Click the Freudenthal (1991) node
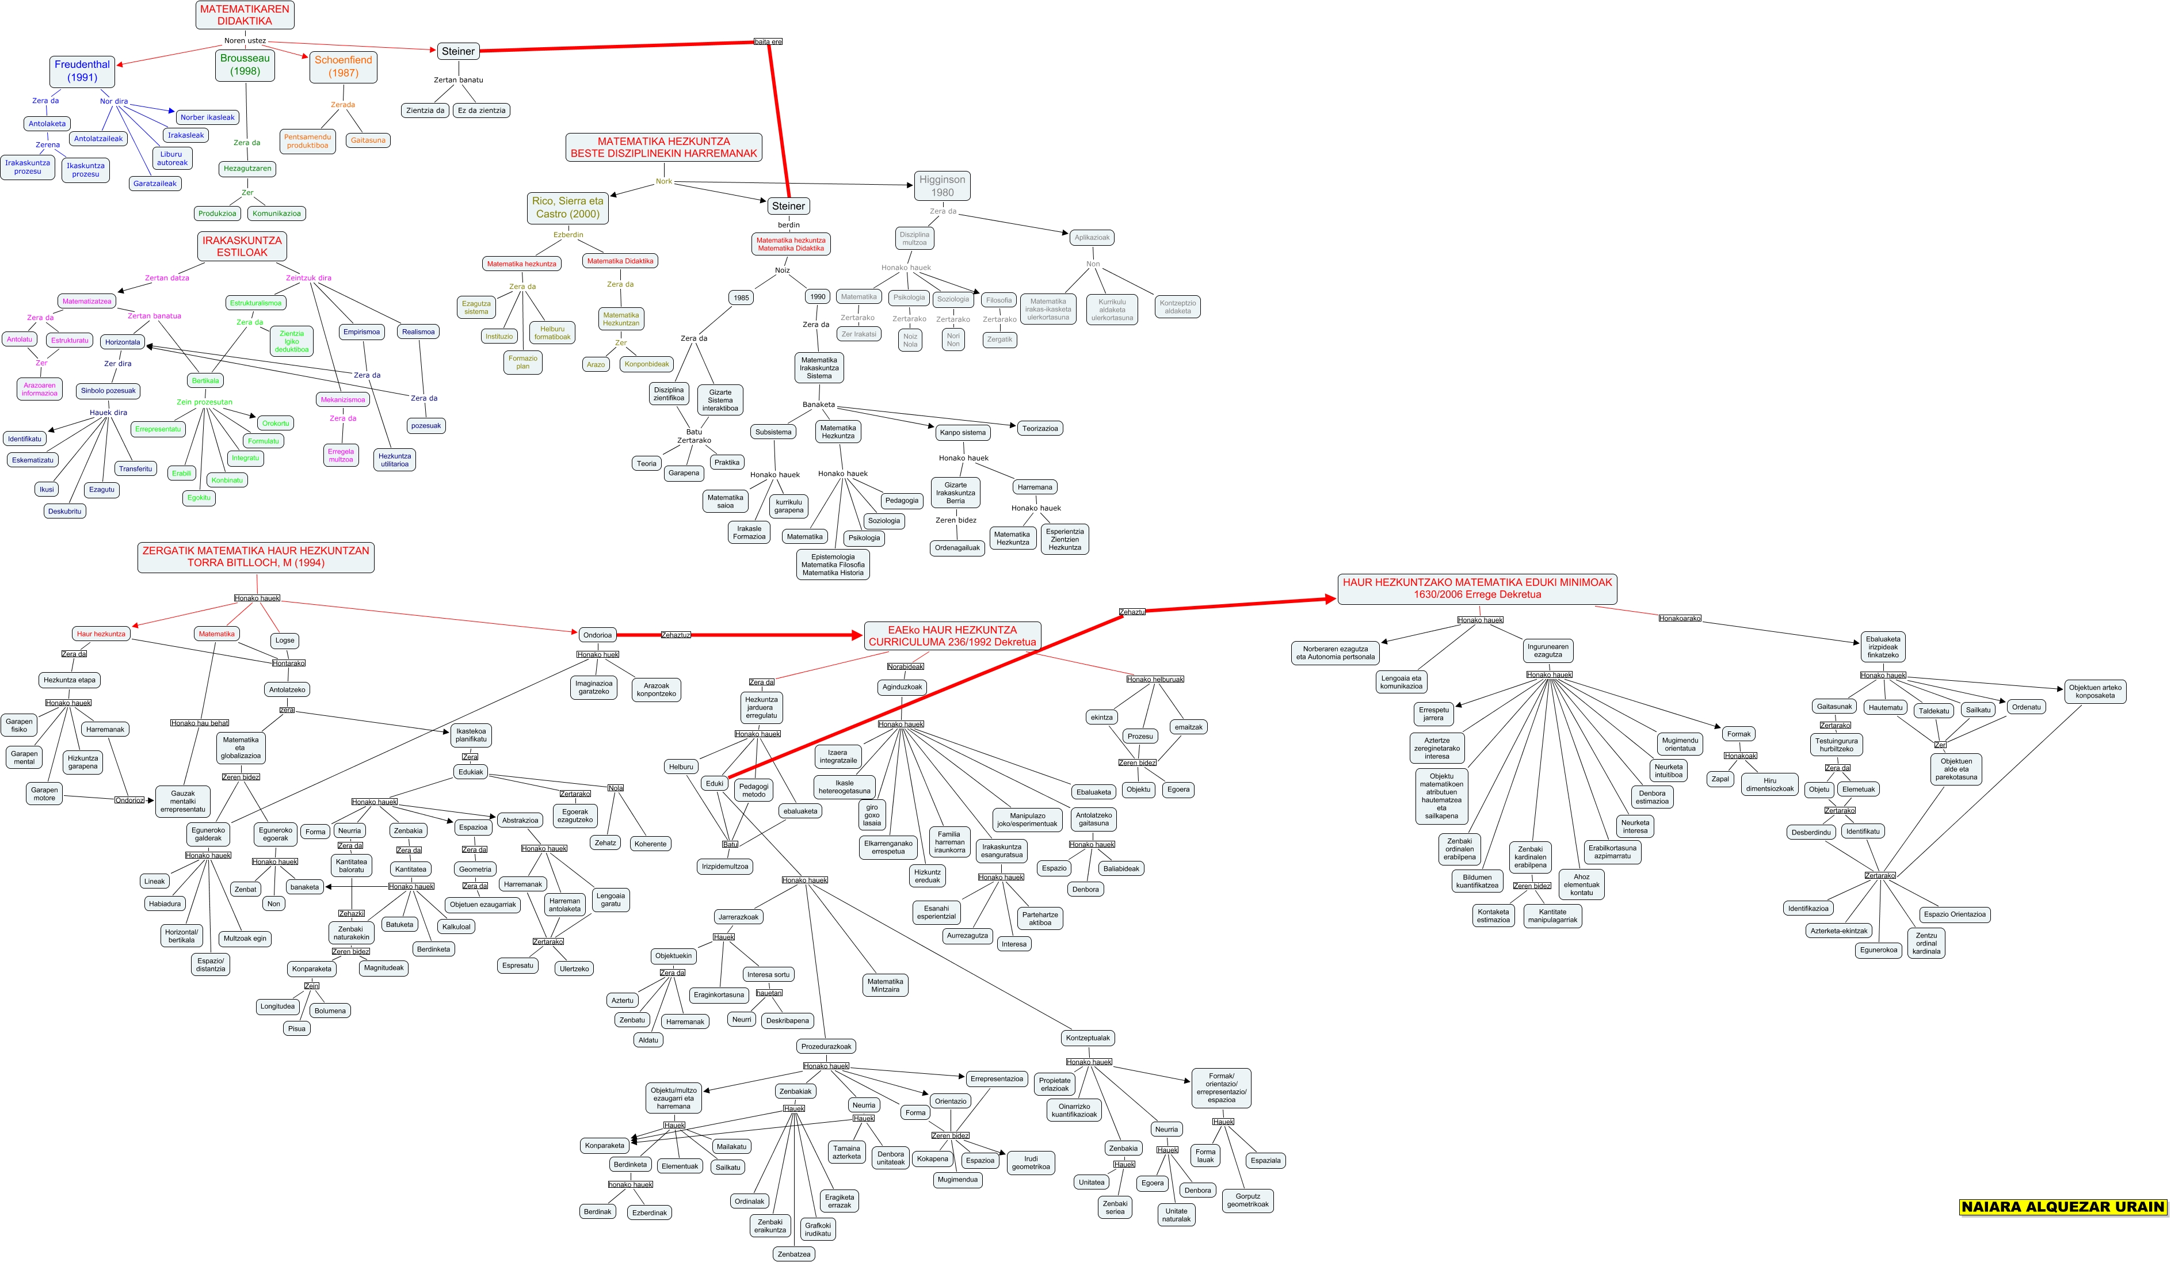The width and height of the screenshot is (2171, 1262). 82,71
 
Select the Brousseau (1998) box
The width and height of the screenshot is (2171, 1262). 245,64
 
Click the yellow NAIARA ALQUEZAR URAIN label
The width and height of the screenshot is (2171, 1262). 2062,1207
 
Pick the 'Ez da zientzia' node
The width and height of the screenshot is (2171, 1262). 482,110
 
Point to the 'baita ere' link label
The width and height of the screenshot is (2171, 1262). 768,41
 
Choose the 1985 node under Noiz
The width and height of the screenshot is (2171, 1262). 741,297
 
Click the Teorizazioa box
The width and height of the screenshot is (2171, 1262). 1040,428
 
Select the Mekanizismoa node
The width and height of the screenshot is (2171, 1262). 343,400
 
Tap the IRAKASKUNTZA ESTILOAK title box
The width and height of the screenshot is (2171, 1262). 242,246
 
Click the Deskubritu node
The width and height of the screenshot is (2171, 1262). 64,511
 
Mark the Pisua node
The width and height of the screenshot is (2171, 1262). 296,1028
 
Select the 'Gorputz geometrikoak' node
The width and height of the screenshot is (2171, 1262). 1247,1200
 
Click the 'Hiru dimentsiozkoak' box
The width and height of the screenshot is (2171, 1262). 1769,784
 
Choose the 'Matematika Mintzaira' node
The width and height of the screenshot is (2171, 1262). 885,985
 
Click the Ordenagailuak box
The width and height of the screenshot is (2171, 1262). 957,548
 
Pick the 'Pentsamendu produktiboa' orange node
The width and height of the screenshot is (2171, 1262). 308,141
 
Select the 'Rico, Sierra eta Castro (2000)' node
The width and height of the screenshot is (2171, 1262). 568,208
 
